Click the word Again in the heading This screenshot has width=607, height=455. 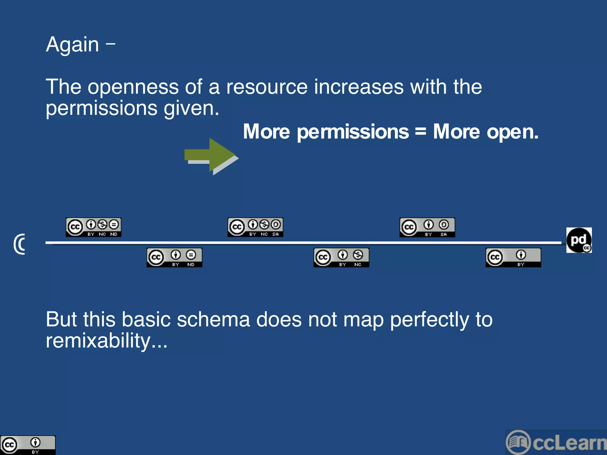coord(72,45)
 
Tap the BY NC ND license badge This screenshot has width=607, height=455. coord(93,227)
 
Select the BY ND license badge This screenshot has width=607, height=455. coord(174,258)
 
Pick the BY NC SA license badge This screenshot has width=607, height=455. coord(255,227)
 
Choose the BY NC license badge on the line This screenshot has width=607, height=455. coord(341,258)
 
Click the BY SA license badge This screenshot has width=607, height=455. coord(427,227)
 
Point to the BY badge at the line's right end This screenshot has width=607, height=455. coord(513,258)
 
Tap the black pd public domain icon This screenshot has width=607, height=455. coord(579,240)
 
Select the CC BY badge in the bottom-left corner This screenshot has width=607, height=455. coord(28,445)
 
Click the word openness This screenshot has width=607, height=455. coord(133,87)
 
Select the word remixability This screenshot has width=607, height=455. coord(98,341)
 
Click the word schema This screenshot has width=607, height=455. coord(213,320)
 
